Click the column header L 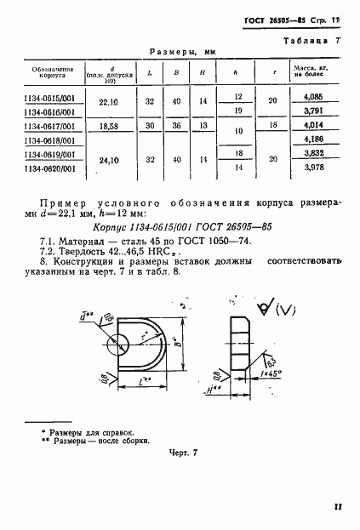150,73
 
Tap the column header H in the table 201,73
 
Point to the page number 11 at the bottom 337,507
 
